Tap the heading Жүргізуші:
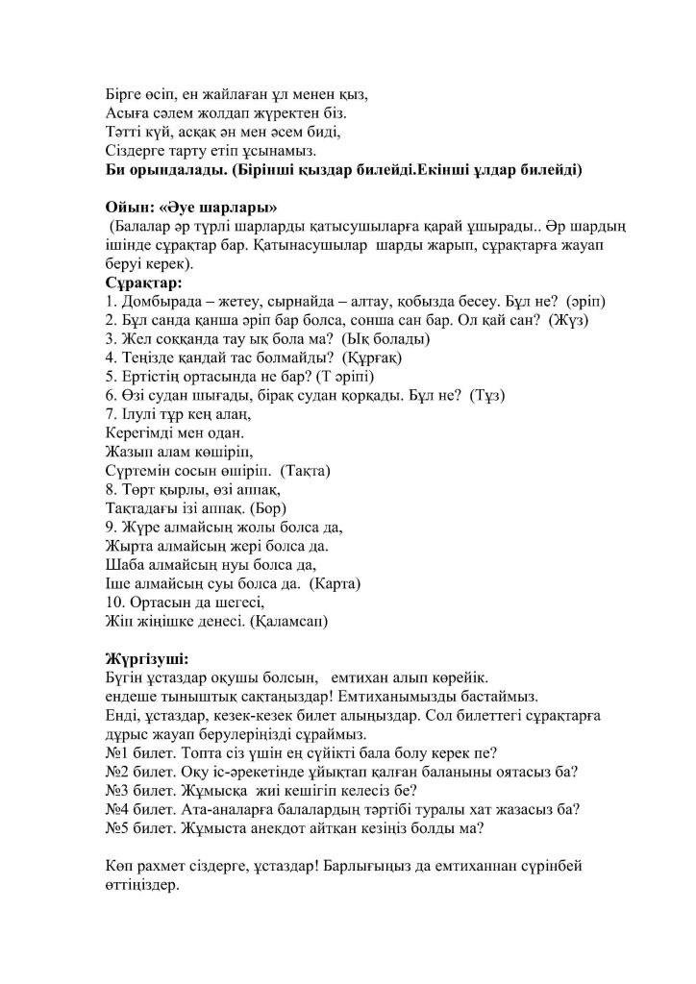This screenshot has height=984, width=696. (x=148, y=659)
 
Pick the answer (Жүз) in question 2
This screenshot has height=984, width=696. (x=568, y=320)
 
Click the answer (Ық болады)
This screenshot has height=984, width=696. (x=384, y=338)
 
